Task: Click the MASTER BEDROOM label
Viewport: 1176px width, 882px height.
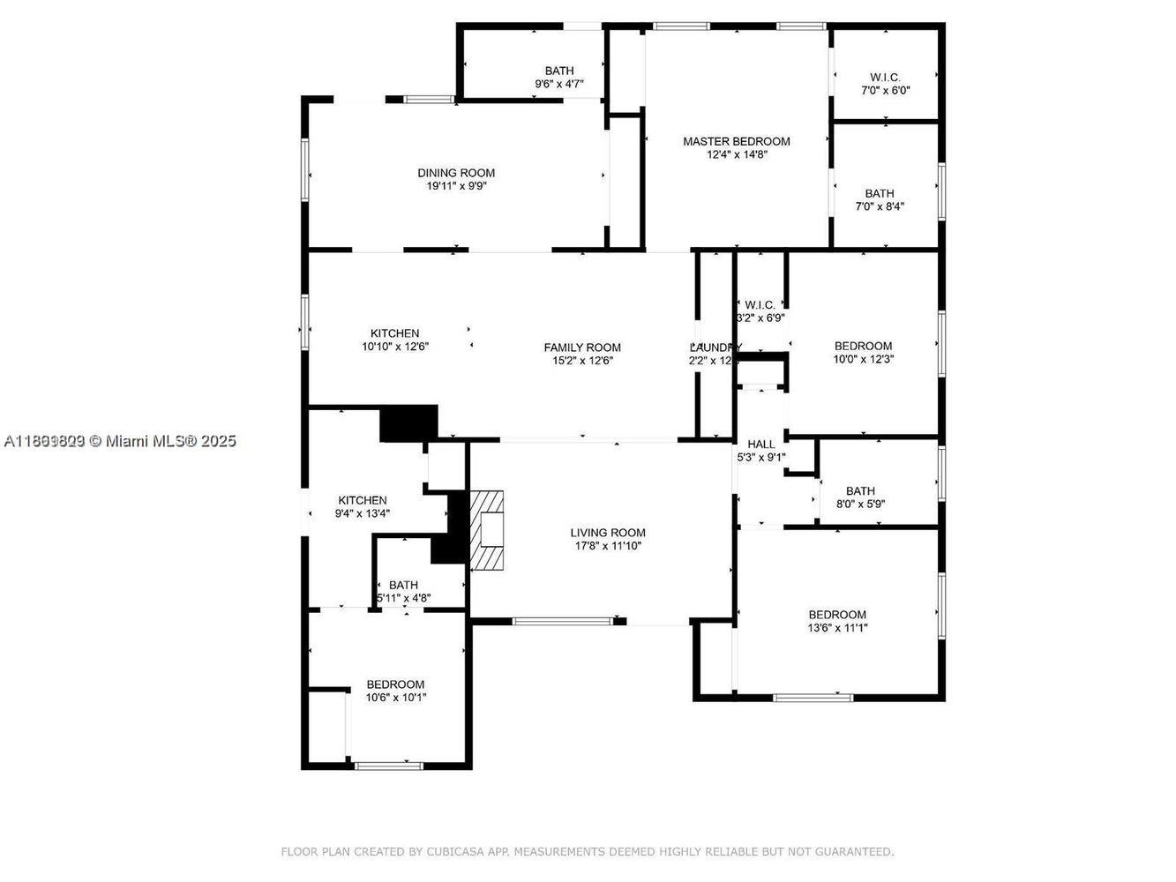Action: coord(736,141)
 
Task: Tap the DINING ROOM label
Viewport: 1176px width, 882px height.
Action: coord(456,173)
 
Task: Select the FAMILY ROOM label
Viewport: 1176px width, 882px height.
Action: coord(581,348)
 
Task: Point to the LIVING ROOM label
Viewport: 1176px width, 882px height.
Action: coord(607,533)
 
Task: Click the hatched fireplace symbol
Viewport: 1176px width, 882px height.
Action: coord(488,531)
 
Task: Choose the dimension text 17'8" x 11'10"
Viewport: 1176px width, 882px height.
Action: coord(607,546)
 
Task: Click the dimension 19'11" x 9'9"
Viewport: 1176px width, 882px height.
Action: coord(456,186)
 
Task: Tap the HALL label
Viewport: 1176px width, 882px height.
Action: coord(760,445)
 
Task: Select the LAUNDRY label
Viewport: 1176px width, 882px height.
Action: coord(715,348)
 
